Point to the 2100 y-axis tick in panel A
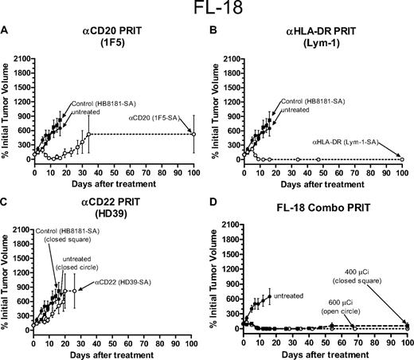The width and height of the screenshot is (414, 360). pyautogui.click(x=21, y=58)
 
